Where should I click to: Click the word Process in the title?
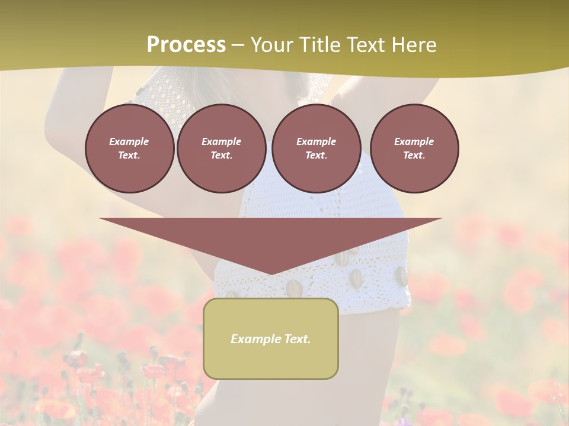click(x=186, y=45)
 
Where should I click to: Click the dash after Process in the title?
click(x=238, y=46)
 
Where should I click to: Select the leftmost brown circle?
click(x=129, y=149)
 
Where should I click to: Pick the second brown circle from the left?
click(x=221, y=149)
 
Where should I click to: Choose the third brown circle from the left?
click(x=316, y=149)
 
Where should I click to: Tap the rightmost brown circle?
click(x=414, y=149)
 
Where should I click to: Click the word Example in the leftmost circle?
click(x=129, y=141)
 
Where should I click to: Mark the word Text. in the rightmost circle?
click(x=414, y=156)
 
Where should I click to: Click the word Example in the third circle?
click(x=316, y=141)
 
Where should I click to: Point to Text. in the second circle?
click(x=221, y=156)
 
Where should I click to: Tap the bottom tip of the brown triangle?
click(x=271, y=273)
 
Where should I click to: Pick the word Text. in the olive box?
click(x=296, y=339)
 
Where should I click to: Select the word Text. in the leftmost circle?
click(x=129, y=156)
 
